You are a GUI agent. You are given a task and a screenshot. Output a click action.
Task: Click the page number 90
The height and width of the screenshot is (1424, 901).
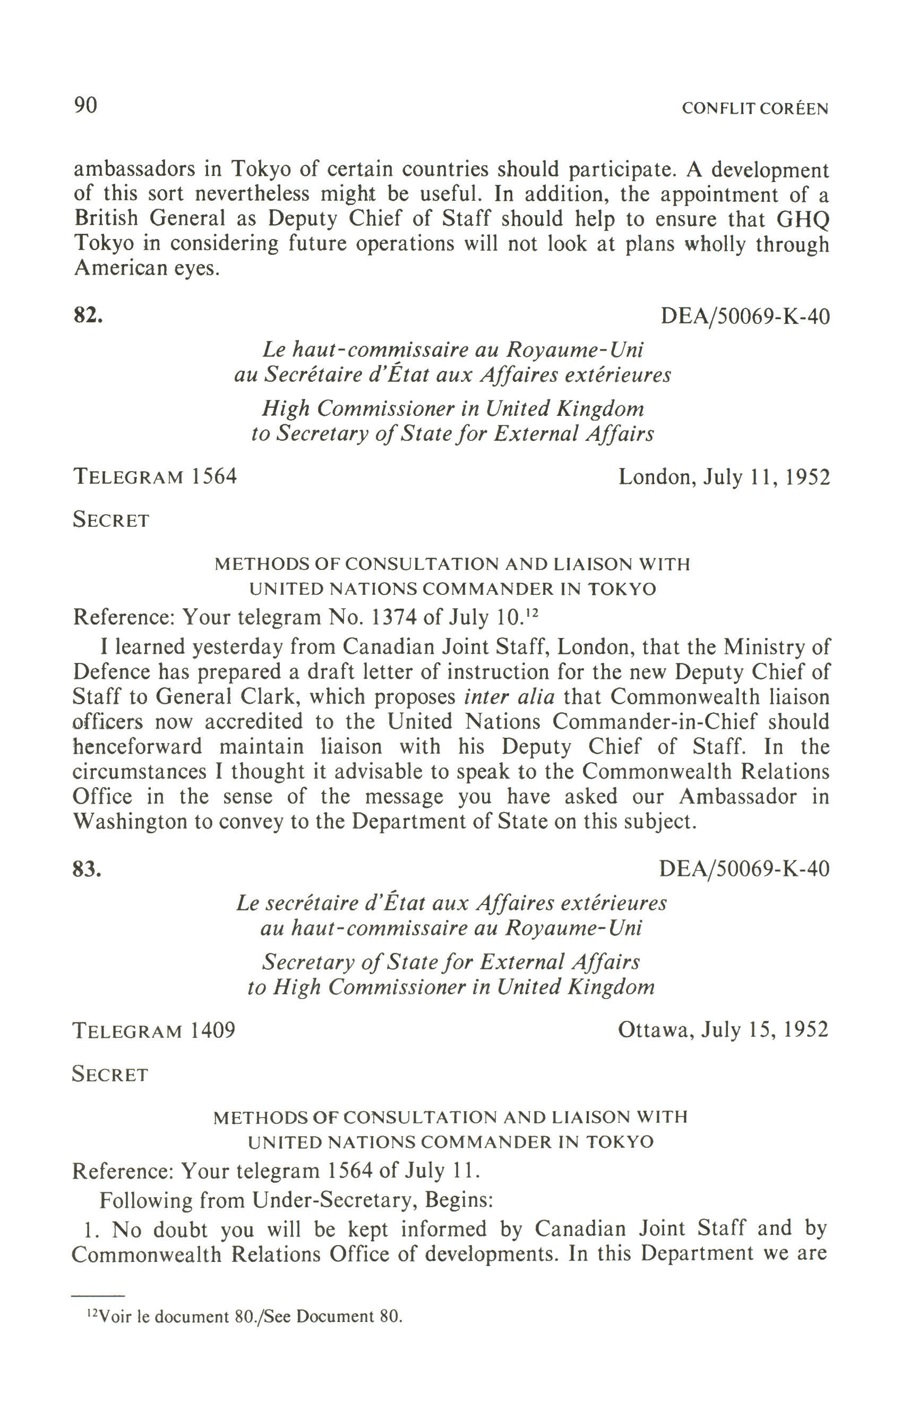[85, 106]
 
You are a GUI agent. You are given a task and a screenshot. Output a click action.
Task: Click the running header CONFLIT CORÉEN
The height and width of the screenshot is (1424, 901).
[754, 109]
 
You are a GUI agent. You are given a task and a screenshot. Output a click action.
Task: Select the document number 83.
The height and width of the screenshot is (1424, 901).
[87, 869]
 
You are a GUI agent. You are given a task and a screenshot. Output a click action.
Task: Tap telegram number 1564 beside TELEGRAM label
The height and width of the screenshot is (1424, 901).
[214, 476]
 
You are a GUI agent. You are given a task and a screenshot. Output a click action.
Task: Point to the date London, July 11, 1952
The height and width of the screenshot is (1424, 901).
[724, 476]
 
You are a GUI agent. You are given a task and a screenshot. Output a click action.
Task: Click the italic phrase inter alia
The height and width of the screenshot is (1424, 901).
[509, 697]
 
